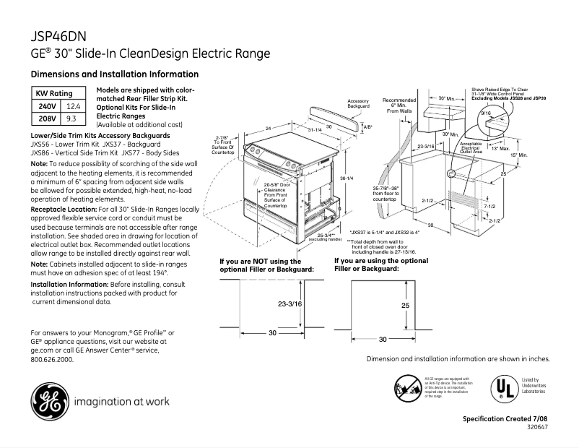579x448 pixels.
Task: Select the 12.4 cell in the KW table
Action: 71,106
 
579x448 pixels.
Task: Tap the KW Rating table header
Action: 55,94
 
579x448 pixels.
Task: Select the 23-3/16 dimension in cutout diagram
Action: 269,304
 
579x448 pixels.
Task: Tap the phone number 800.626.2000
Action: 52,358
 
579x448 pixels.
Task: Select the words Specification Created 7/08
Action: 506,419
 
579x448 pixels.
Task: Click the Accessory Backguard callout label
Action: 359,103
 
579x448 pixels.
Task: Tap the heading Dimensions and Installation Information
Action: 114,74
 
